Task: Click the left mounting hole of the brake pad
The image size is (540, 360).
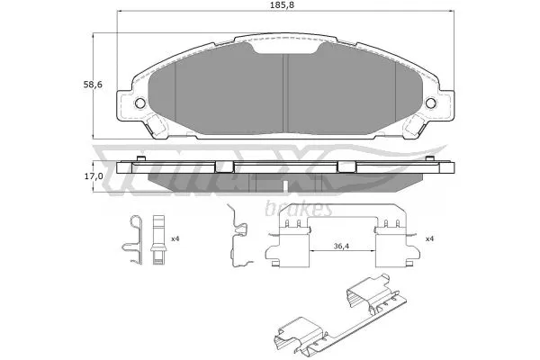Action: pos(139,104)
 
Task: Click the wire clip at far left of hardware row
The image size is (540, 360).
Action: pos(132,241)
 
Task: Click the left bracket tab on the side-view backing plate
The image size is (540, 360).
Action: pos(223,166)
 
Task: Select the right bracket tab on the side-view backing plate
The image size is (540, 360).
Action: pos(346,166)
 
